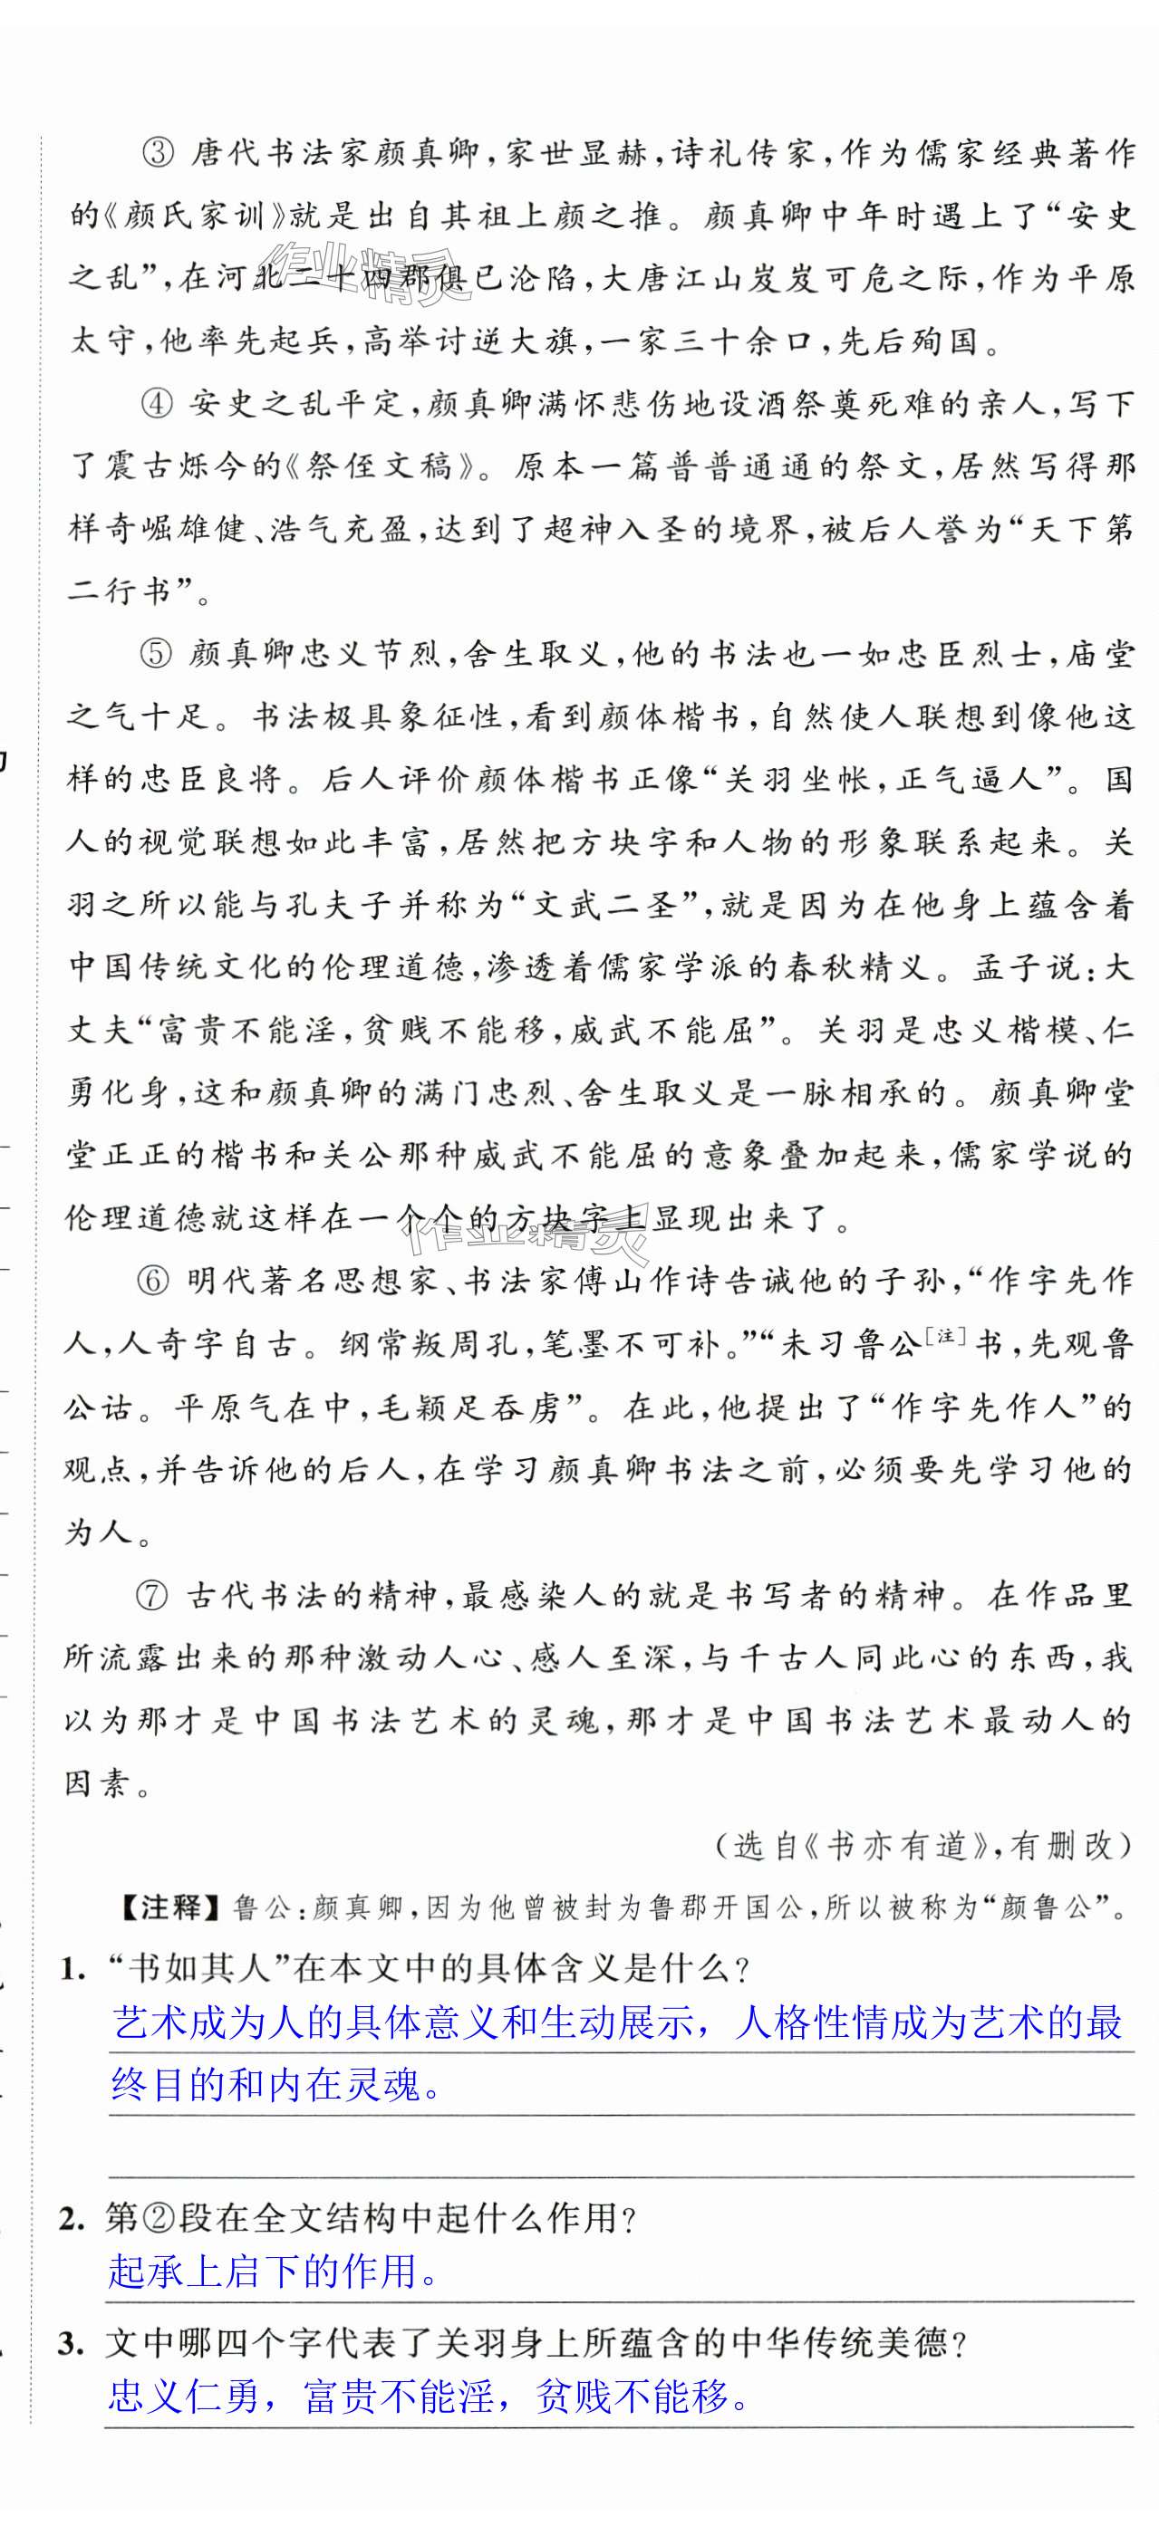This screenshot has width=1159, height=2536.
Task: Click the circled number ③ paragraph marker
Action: pyautogui.click(x=159, y=155)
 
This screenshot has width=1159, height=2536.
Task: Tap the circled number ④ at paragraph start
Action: pyautogui.click(x=159, y=405)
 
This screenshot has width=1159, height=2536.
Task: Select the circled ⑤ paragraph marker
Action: pyautogui.click(x=158, y=655)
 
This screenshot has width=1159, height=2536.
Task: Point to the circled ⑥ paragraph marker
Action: pyautogui.click(x=155, y=1281)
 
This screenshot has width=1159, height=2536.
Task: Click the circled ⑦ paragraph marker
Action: pyautogui.click(x=152, y=1596)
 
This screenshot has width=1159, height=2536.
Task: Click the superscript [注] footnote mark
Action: pyautogui.click(x=945, y=1335)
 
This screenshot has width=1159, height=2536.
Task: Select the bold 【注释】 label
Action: pyautogui.click(x=171, y=1908)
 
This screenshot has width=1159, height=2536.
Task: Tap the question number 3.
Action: pyautogui.click(x=69, y=2345)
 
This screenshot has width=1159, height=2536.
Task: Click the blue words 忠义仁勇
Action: pyautogui.click(x=182, y=2397)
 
